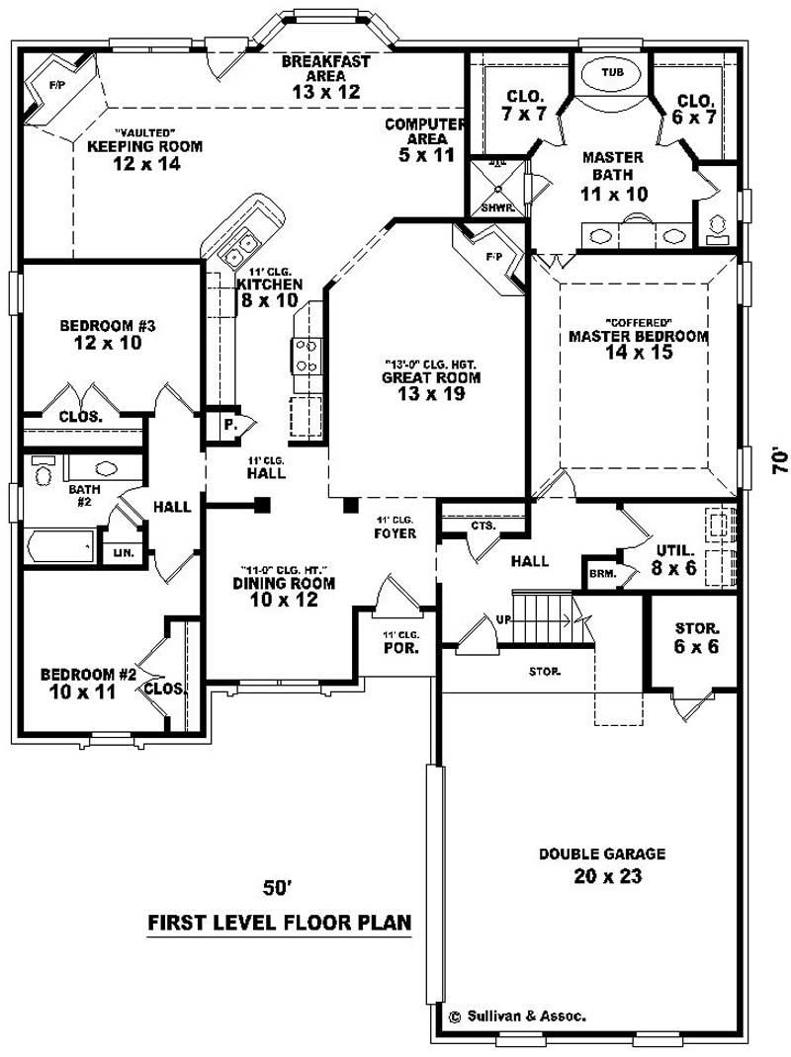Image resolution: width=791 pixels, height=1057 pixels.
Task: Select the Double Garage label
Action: point(601,865)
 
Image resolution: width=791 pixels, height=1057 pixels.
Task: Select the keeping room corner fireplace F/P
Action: point(57,86)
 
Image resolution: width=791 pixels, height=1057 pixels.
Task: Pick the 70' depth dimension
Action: point(780,462)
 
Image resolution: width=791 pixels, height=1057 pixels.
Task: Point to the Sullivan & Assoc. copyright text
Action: point(517,1016)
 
